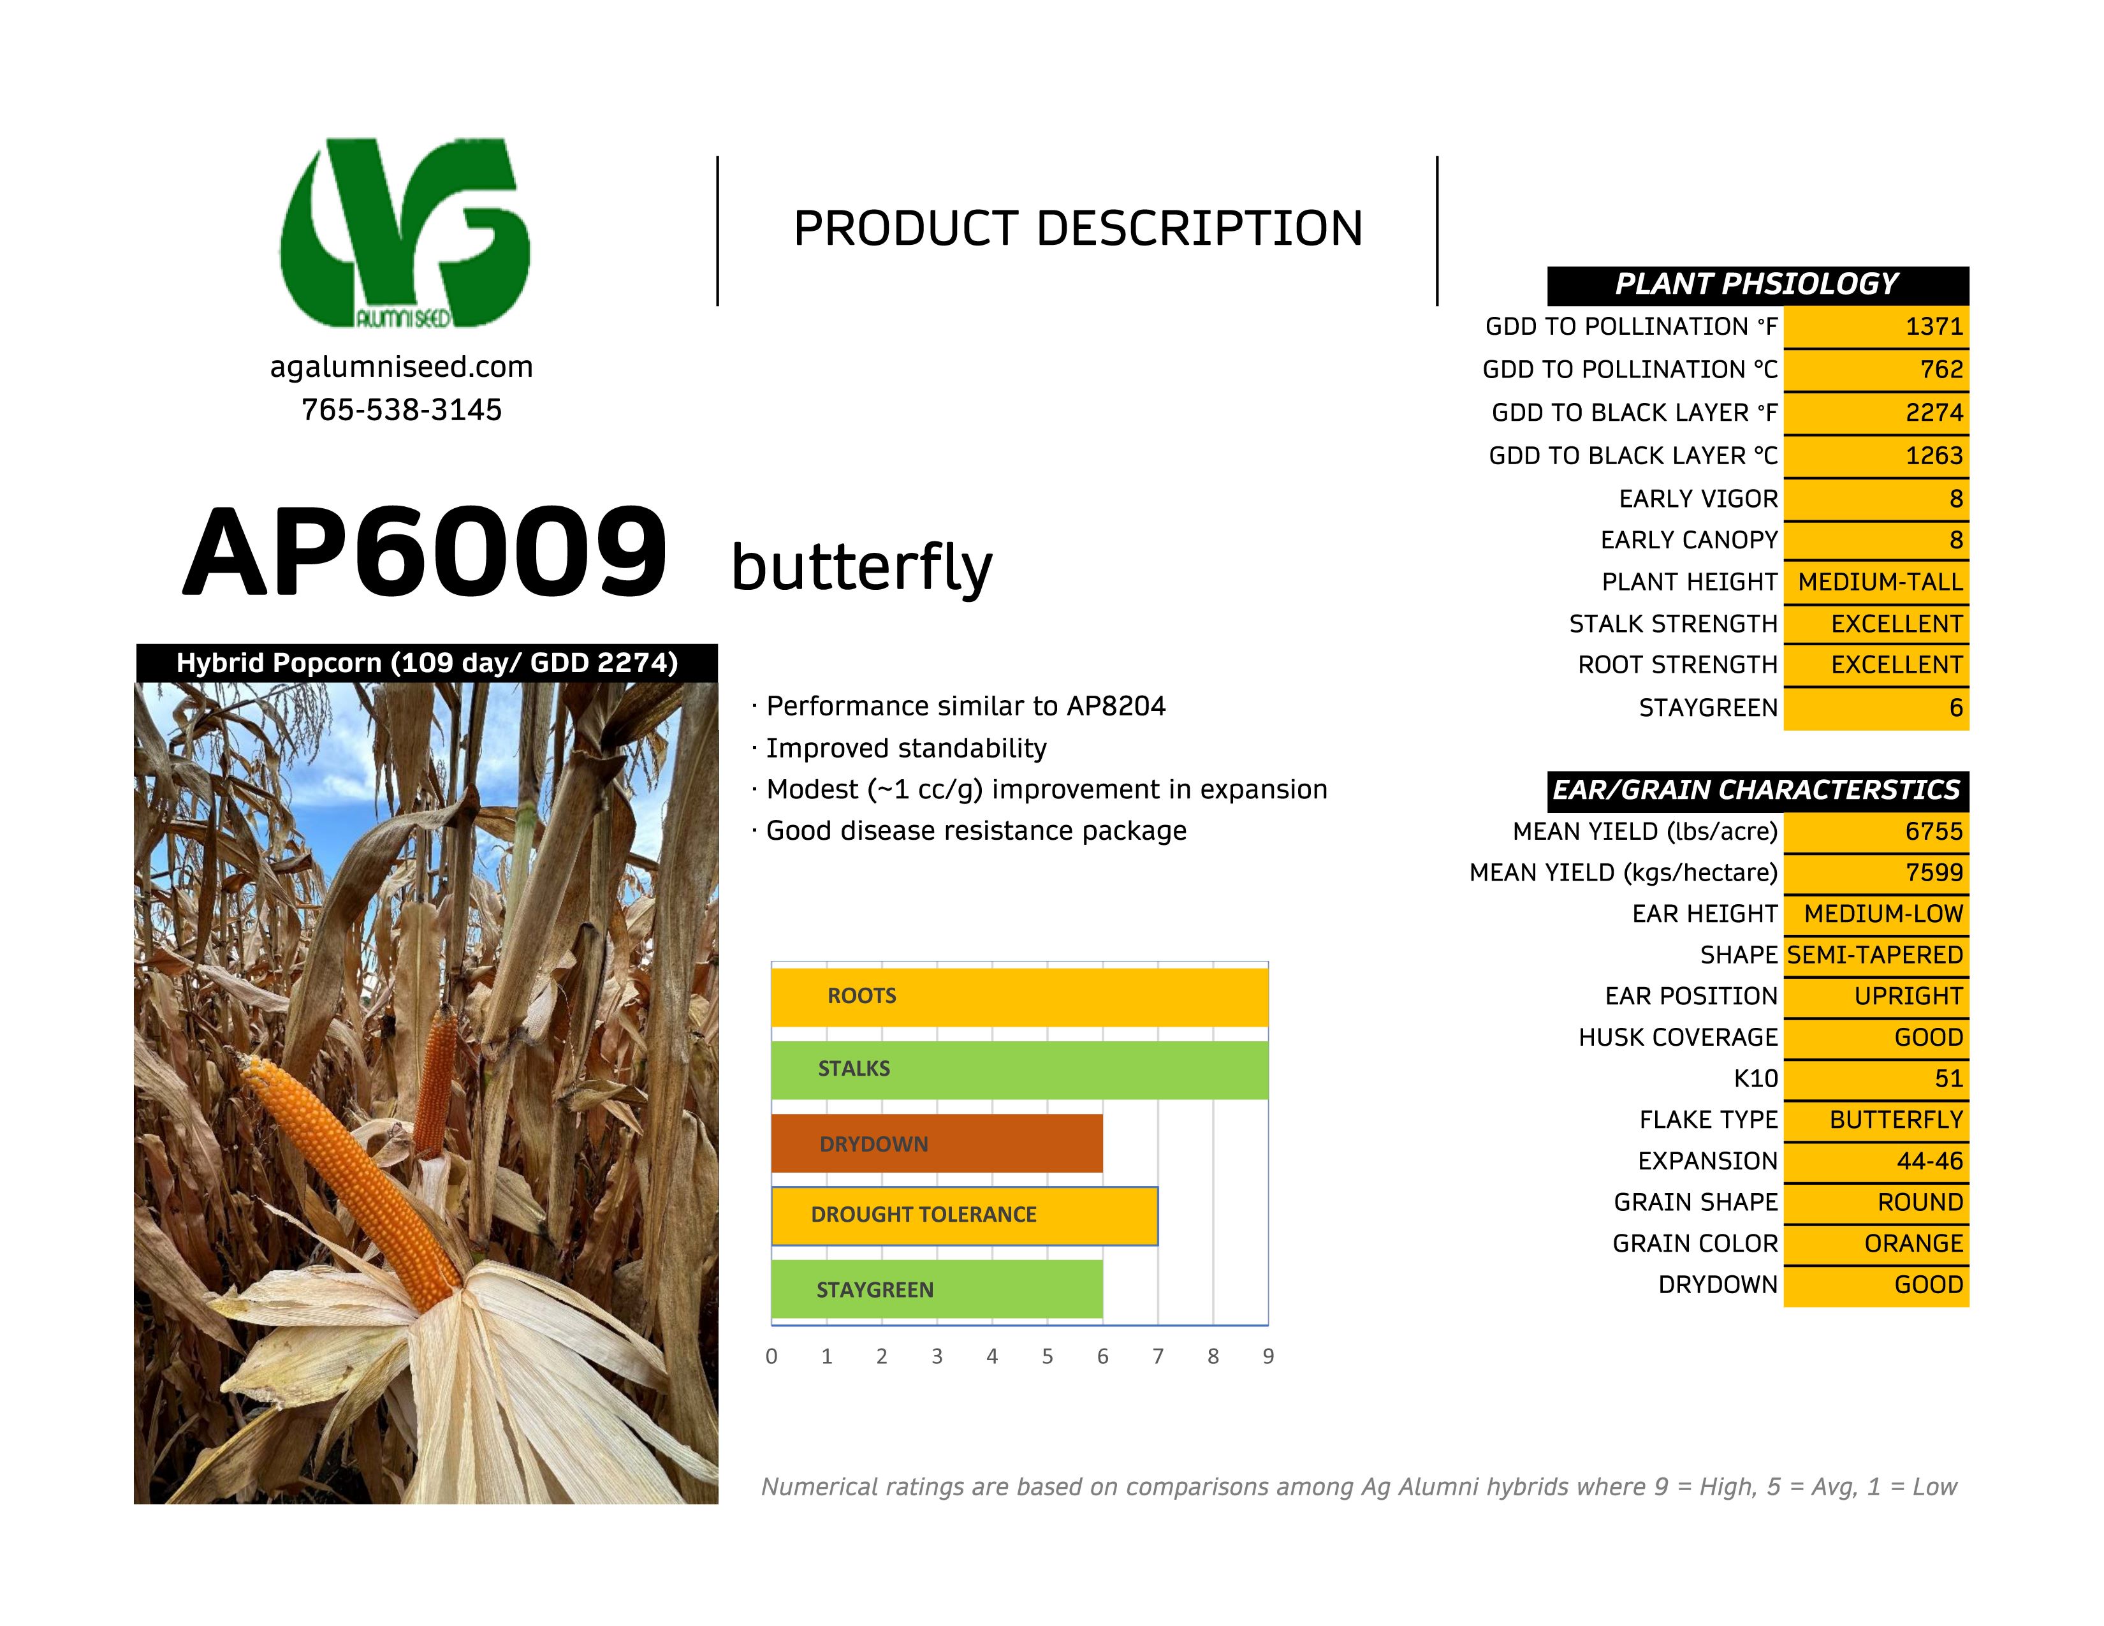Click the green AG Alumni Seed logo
click(405, 233)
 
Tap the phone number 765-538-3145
click(401, 411)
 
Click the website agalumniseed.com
click(401, 367)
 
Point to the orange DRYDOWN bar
click(937, 1143)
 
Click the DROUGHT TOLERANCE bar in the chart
click(963, 1215)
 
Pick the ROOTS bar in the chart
click(1019, 996)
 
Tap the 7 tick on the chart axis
click(1158, 1356)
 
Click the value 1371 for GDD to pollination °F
click(1934, 326)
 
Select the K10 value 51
click(1948, 1079)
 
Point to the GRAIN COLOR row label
click(1695, 1243)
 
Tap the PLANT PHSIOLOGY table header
click(1757, 284)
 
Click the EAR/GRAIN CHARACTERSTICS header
click(1757, 790)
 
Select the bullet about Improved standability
click(905, 749)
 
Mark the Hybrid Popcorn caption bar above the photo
click(427, 663)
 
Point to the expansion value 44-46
click(1930, 1161)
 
